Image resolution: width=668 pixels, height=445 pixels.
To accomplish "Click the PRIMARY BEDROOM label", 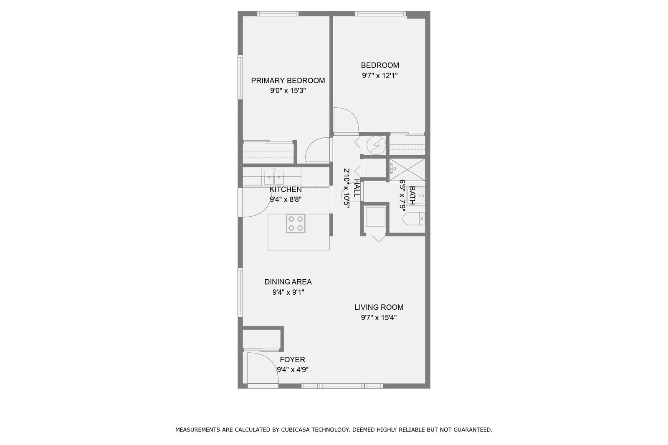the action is click(x=288, y=81).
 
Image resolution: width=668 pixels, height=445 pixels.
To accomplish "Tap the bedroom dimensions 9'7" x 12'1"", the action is click(x=380, y=76).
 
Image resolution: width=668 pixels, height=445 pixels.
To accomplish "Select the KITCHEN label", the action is click(x=286, y=190).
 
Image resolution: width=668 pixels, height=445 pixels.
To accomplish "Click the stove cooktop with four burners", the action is click(x=296, y=223).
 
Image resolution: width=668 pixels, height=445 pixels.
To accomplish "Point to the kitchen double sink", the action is click(x=274, y=177).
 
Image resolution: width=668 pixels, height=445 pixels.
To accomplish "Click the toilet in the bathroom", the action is click(x=414, y=219).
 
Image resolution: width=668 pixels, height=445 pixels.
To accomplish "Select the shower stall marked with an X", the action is click(x=407, y=170).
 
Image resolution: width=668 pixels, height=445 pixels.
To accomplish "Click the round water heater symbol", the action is click(x=376, y=145).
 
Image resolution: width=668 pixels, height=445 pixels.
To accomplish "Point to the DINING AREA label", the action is click(x=288, y=282).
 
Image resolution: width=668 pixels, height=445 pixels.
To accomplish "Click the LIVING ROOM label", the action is click(x=379, y=307).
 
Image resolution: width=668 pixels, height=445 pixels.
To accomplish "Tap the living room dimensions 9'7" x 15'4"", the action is click(x=379, y=318).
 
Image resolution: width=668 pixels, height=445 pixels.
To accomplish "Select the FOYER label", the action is click(x=292, y=360).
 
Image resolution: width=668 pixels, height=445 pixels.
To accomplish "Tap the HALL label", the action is click(x=357, y=188).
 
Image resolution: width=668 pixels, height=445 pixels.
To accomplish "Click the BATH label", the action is click(x=412, y=195).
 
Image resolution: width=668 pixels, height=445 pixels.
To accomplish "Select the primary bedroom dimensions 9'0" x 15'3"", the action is click(x=288, y=91).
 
